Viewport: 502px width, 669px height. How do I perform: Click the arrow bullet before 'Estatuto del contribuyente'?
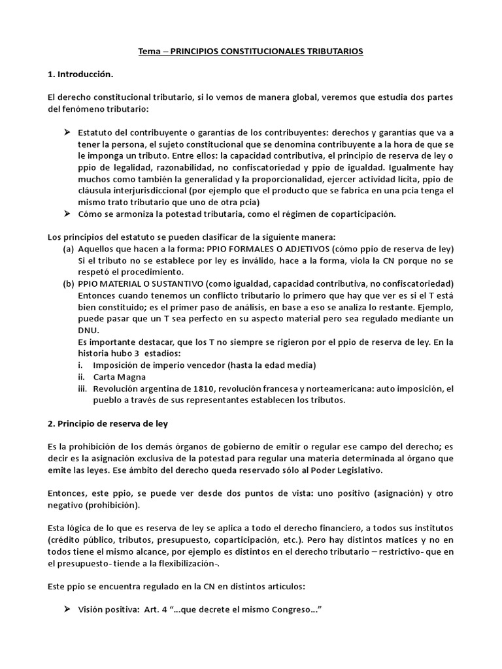click(67, 133)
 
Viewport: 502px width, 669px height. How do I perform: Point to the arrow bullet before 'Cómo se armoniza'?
click(67, 214)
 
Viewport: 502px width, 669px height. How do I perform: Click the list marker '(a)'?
click(68, 250)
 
